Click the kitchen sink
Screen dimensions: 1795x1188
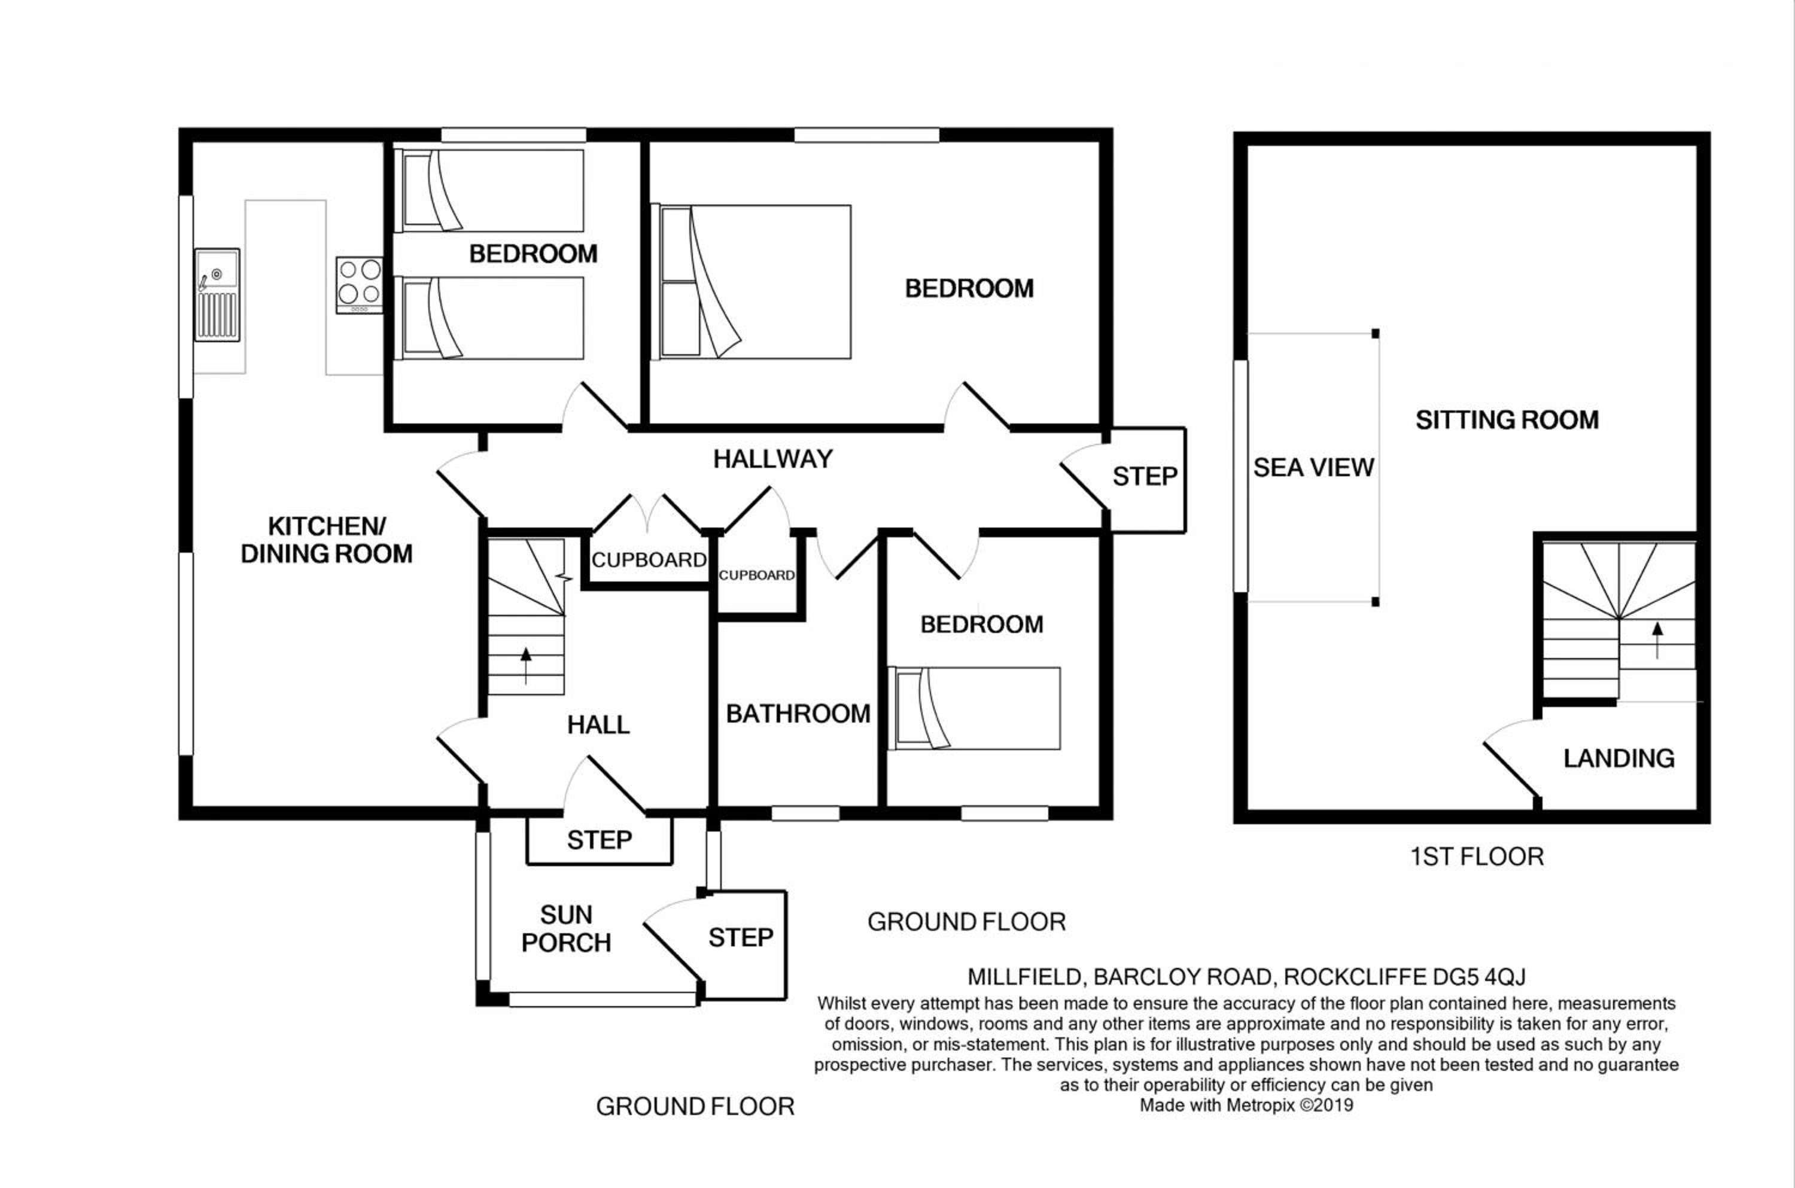(x=217, y=295)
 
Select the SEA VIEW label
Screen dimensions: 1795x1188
(x=1313, y=467)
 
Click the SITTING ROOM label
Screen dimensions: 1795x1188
(x=1507, y=420)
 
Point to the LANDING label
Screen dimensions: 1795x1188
(x=1619, y=759)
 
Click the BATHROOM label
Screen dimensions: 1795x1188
(x=798, y=714)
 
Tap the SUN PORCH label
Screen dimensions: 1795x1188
(x=566, y=929)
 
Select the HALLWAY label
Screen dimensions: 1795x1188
(x=773, y=458)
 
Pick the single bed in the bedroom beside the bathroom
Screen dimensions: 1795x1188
(x=975, y=708)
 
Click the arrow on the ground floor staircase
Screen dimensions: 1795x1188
(x=526, y=666)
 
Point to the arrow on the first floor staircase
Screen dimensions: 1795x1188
(x=1658, y=639)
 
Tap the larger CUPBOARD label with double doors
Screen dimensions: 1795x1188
(x=649, y=560)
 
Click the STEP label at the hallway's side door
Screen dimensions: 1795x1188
(x=1145, y=477)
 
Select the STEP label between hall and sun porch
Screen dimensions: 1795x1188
(x=600, y=840)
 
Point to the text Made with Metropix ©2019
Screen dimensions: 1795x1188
(x=1246, y=1105)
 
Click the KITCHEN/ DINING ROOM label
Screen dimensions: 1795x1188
(x=327, y=540)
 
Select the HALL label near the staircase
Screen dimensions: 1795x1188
(x=598, y=725)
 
